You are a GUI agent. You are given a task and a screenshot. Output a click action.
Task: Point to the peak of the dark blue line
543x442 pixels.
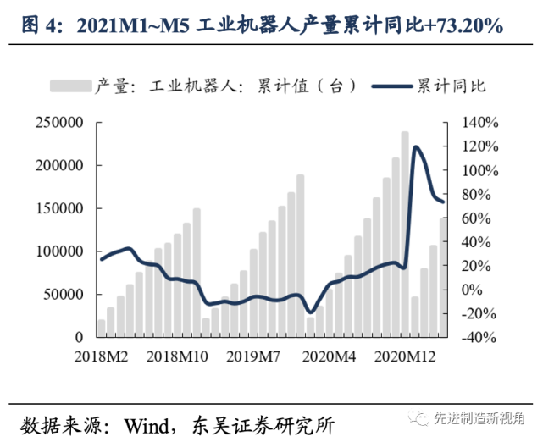[x=416, y=147]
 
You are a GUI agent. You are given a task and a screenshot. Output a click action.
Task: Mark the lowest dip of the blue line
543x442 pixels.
[x=311, y=312]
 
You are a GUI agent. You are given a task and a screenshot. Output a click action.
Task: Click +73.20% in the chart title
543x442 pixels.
[x=462, y=26]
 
